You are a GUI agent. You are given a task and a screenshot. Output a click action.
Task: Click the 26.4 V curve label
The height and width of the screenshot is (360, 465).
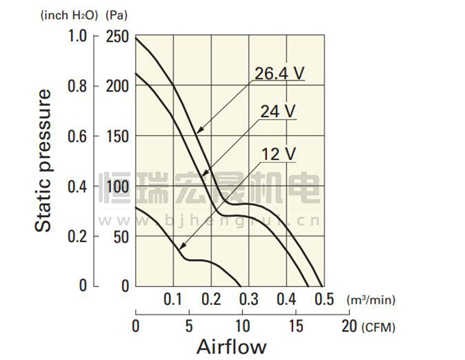[280, 74]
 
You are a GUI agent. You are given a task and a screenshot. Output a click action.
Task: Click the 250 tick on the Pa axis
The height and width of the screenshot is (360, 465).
[118, 37]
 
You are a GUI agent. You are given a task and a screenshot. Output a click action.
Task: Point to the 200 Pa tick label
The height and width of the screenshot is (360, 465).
[118, 86]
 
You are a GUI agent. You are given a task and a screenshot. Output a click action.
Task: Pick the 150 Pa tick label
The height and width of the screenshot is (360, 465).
[118, 136]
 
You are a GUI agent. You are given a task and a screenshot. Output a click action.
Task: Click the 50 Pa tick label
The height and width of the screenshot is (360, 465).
[121, 236]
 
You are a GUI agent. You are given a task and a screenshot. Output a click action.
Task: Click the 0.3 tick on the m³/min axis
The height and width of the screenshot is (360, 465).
[249, 300]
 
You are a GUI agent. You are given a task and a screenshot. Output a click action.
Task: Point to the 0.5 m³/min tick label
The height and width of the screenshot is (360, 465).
[324, 300]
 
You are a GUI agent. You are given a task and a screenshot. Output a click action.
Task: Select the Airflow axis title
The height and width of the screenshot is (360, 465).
[231, 346]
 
